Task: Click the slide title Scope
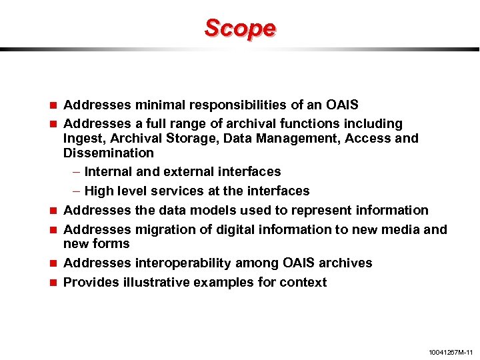(239, 28)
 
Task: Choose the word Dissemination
(108, 153)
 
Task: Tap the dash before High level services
(76, 191)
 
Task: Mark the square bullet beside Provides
(53, 283)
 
